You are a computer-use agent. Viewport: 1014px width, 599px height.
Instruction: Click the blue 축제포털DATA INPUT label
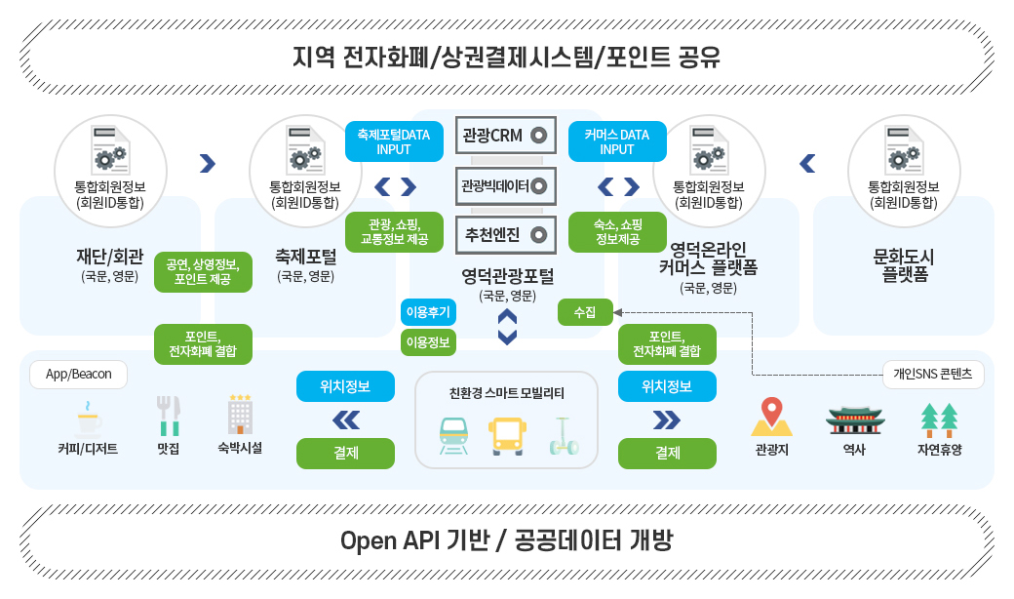(x=394, y=141)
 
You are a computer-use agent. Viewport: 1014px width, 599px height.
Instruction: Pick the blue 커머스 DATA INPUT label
(x=617, y=141)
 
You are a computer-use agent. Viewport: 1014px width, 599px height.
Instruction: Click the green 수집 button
(x=585, y=312)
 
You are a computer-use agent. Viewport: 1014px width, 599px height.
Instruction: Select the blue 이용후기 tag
(x=428, y=312)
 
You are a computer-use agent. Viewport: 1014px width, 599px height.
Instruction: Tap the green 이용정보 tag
(x=428, y=342)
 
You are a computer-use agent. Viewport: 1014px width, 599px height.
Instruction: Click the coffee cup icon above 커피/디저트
(x=89, y=419)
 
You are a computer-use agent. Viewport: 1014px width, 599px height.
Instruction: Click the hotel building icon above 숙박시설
(x=240, y=416)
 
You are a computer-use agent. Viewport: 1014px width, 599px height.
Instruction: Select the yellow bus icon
(x=506, y=435)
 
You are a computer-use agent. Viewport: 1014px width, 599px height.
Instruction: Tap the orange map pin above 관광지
(x=771, y=416)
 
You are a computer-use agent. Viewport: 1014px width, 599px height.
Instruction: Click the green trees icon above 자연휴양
(x=939, y=418)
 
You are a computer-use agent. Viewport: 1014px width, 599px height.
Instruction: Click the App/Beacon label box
(x=78, y=375)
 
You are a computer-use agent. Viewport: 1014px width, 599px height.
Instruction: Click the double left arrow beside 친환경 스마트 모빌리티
(x=345, y=419)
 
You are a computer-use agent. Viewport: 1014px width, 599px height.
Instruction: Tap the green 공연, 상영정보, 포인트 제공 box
(x=203, y=272)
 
